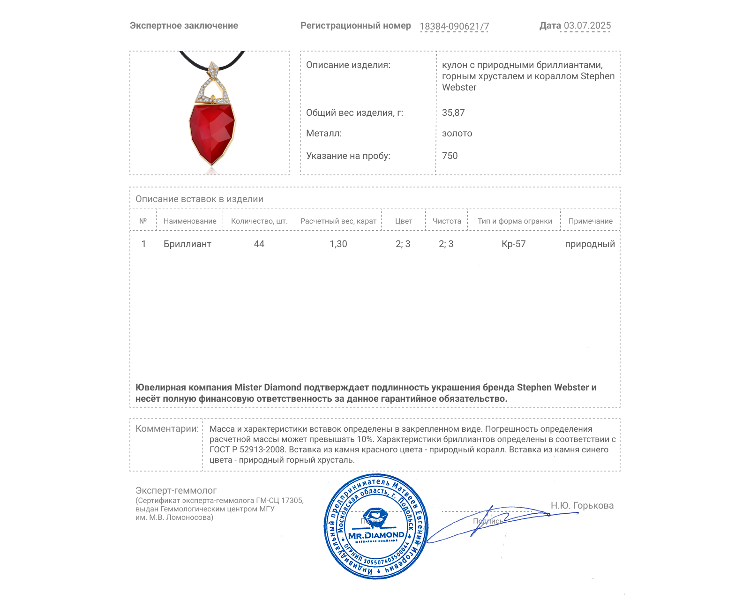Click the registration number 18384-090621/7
point(454,26)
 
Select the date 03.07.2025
point(587,26)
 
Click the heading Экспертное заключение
point(184,26)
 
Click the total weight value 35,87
point(453,112)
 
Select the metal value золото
point(457,133)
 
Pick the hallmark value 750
point(450,156)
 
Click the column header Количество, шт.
point(259,221)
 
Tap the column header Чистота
point(447,221)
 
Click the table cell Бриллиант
point(187,244)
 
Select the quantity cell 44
point(259,244)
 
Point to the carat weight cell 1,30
point(338,244)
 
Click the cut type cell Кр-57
point(514,244)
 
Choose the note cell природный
point(590,244)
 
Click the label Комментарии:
point(167,428)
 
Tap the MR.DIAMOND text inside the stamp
point(376,535)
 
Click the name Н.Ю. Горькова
point(582,505)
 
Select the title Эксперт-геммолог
point(176,490)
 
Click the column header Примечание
point(590,221)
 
